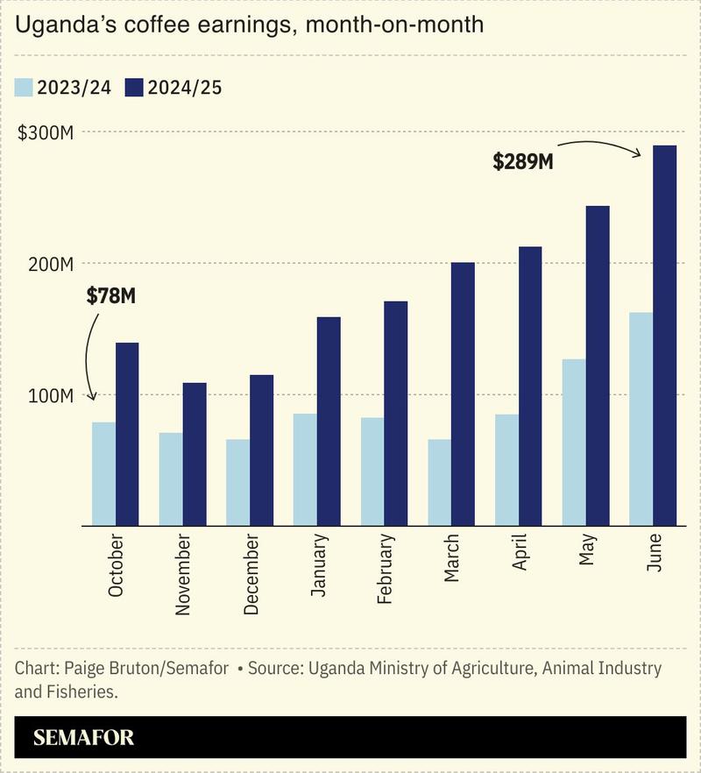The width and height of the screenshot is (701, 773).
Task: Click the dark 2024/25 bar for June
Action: pyautogui.click(x=664, y=336)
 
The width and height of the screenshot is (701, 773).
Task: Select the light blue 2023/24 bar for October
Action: pyautogui.click(x=103, y=474)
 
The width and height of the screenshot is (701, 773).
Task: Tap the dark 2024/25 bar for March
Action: pyautogui.click(x=463, y=394)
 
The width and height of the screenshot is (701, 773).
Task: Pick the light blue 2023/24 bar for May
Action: pyautogui.click(x=574, y=443)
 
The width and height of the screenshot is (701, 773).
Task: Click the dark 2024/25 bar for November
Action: pyautogui.click(x=194, y=454)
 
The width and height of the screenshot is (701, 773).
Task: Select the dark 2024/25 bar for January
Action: pyautogui.click(x=329, y=422)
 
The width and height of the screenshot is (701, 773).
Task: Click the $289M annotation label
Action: pyautogui.click(x=522, y=162)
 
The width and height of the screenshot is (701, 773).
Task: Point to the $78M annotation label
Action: pyautogui.click(x=111, y=296)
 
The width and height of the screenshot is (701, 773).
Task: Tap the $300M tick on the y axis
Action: pyautogui.click(x=46, y=133)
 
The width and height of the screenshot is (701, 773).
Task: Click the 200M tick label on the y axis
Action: pyautogui.click(x=50, y=264)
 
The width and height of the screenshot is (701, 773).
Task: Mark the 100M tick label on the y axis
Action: pyautogui.click(x=50, y=395)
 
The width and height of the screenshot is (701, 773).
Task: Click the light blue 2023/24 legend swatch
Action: pyautogui.click(x=24, y=88)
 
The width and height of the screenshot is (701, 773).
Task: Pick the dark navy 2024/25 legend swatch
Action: pyautogui.click(x=134, y=88)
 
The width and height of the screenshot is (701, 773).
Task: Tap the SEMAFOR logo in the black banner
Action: pyautogui.click(x=84, y=737)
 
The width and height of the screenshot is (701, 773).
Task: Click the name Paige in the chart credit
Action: pyautogui.click(x=85, y=669)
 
